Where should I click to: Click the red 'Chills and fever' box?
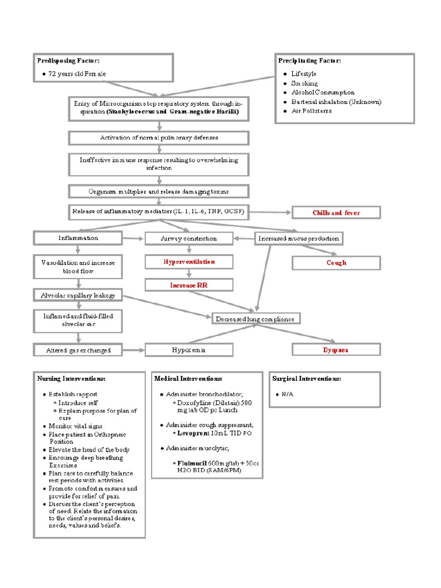click(x=336, y=212)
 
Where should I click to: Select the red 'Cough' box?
click(x=336, y=262)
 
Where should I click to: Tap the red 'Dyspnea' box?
click(x=336, y=349)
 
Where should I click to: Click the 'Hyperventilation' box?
click(x=189, y=262)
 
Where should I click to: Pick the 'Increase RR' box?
click(x=189, y=285)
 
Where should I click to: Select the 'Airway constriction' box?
click(x=189, y=238)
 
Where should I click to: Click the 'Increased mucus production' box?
click(x=299, y=238)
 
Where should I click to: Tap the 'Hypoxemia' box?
click(x=189, y=349)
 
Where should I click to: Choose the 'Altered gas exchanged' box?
click(x=79, y=350)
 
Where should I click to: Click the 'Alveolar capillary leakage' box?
click(x=78, y=295)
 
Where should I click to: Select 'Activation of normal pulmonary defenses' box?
click(x=159, y=138)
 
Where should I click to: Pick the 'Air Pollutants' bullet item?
click(x=311, y=111)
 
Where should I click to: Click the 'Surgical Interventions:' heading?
click(x=307, y=379)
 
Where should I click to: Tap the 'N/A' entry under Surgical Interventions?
click(x=287, y=394)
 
